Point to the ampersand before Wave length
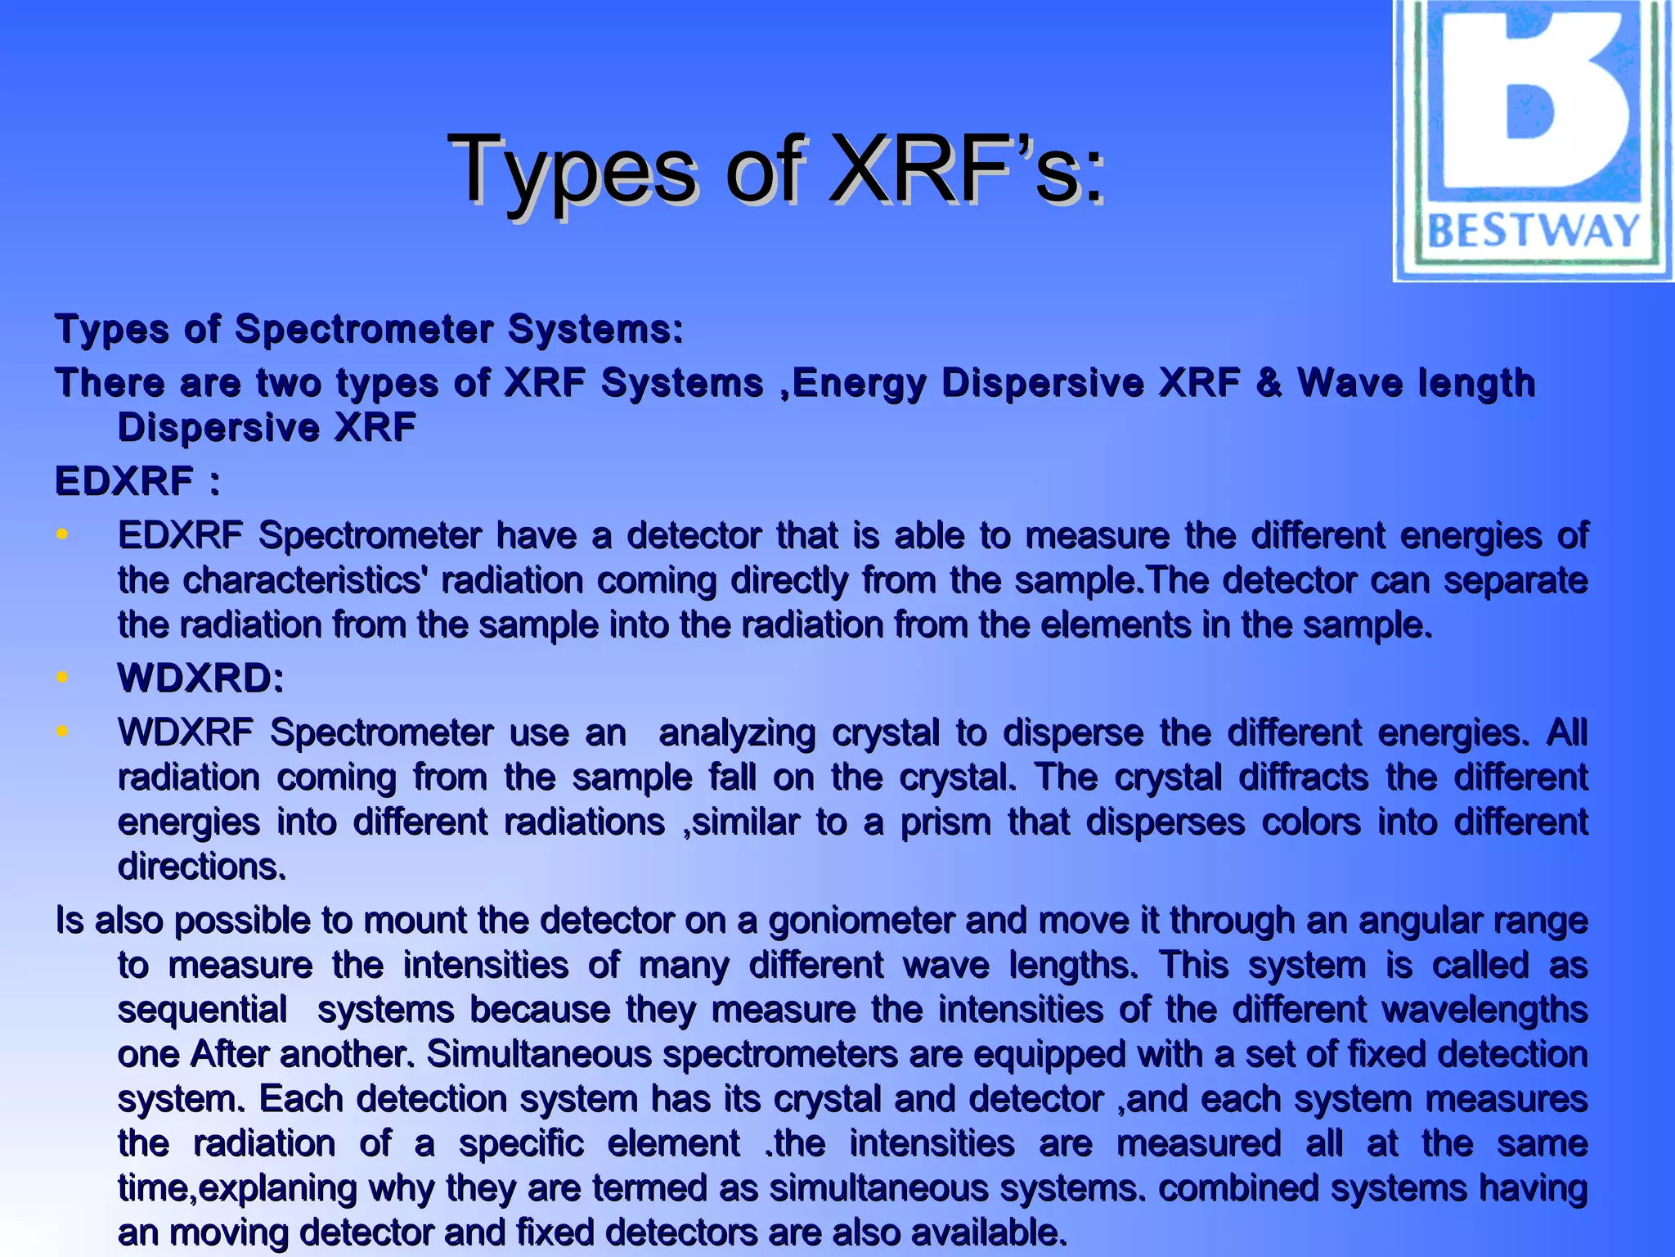coord(1269,382)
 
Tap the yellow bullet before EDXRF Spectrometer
coord(62,535)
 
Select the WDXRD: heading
coord(200,678)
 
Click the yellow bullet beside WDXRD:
coord(62,678)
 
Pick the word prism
coord(945,822)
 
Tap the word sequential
coord(202,1009)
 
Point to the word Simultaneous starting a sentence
coord(539,1054)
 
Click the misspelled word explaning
coord(277,1188)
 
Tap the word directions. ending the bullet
coord(202,867)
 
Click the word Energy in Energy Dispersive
coord(860,383)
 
